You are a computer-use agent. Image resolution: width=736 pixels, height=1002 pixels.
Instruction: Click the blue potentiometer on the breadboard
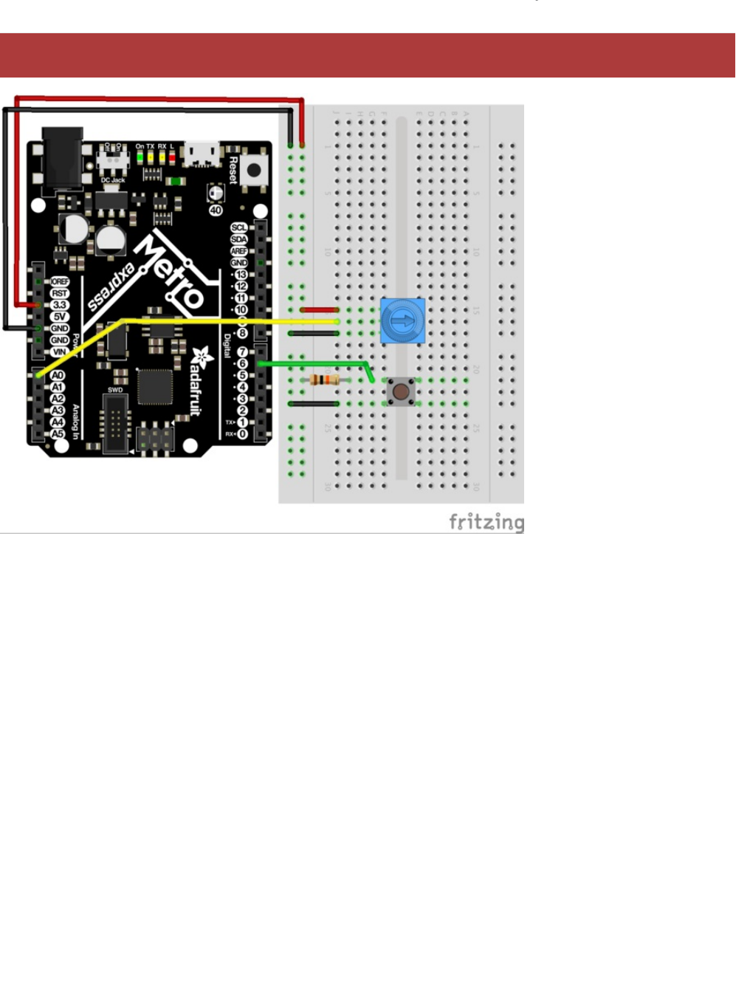tap(402, 320)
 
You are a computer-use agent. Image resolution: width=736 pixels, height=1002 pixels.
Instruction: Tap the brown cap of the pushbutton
tap(401, 391)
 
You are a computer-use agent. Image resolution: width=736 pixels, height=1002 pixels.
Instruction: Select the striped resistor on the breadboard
tap(325, 380)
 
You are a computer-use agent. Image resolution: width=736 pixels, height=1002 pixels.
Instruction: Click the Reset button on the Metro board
tap(254, 171)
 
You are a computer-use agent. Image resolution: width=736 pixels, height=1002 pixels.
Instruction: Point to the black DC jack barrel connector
tap(62, 159)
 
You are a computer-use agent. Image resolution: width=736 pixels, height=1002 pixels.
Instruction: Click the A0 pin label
tap(58, 375)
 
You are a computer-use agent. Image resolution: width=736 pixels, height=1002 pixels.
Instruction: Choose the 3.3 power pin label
tap(59, 305)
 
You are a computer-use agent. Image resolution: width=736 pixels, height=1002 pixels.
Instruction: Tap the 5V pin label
tap(59, 317)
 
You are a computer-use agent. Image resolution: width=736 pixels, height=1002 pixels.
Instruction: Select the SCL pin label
tap(239, 227)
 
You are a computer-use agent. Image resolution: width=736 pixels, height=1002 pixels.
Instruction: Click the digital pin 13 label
tap(241, 275)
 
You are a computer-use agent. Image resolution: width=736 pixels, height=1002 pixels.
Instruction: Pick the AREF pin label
tap(239, 251)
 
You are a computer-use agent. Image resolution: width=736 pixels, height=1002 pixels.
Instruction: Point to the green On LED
tap(140, 157)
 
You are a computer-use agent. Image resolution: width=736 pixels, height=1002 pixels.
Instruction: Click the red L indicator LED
tap(172, 157)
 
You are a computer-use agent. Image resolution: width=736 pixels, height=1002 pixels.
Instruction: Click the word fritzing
tap(486, 522)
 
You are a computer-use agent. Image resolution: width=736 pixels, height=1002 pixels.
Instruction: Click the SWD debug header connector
tap(115, 424)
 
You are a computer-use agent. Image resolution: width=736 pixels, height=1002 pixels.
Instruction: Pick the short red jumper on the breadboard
tap(320, 310)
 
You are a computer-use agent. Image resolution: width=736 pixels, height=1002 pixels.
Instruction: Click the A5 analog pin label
tap(58, 434)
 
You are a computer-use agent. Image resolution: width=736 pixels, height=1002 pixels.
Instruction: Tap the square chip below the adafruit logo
tap(154, 386)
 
